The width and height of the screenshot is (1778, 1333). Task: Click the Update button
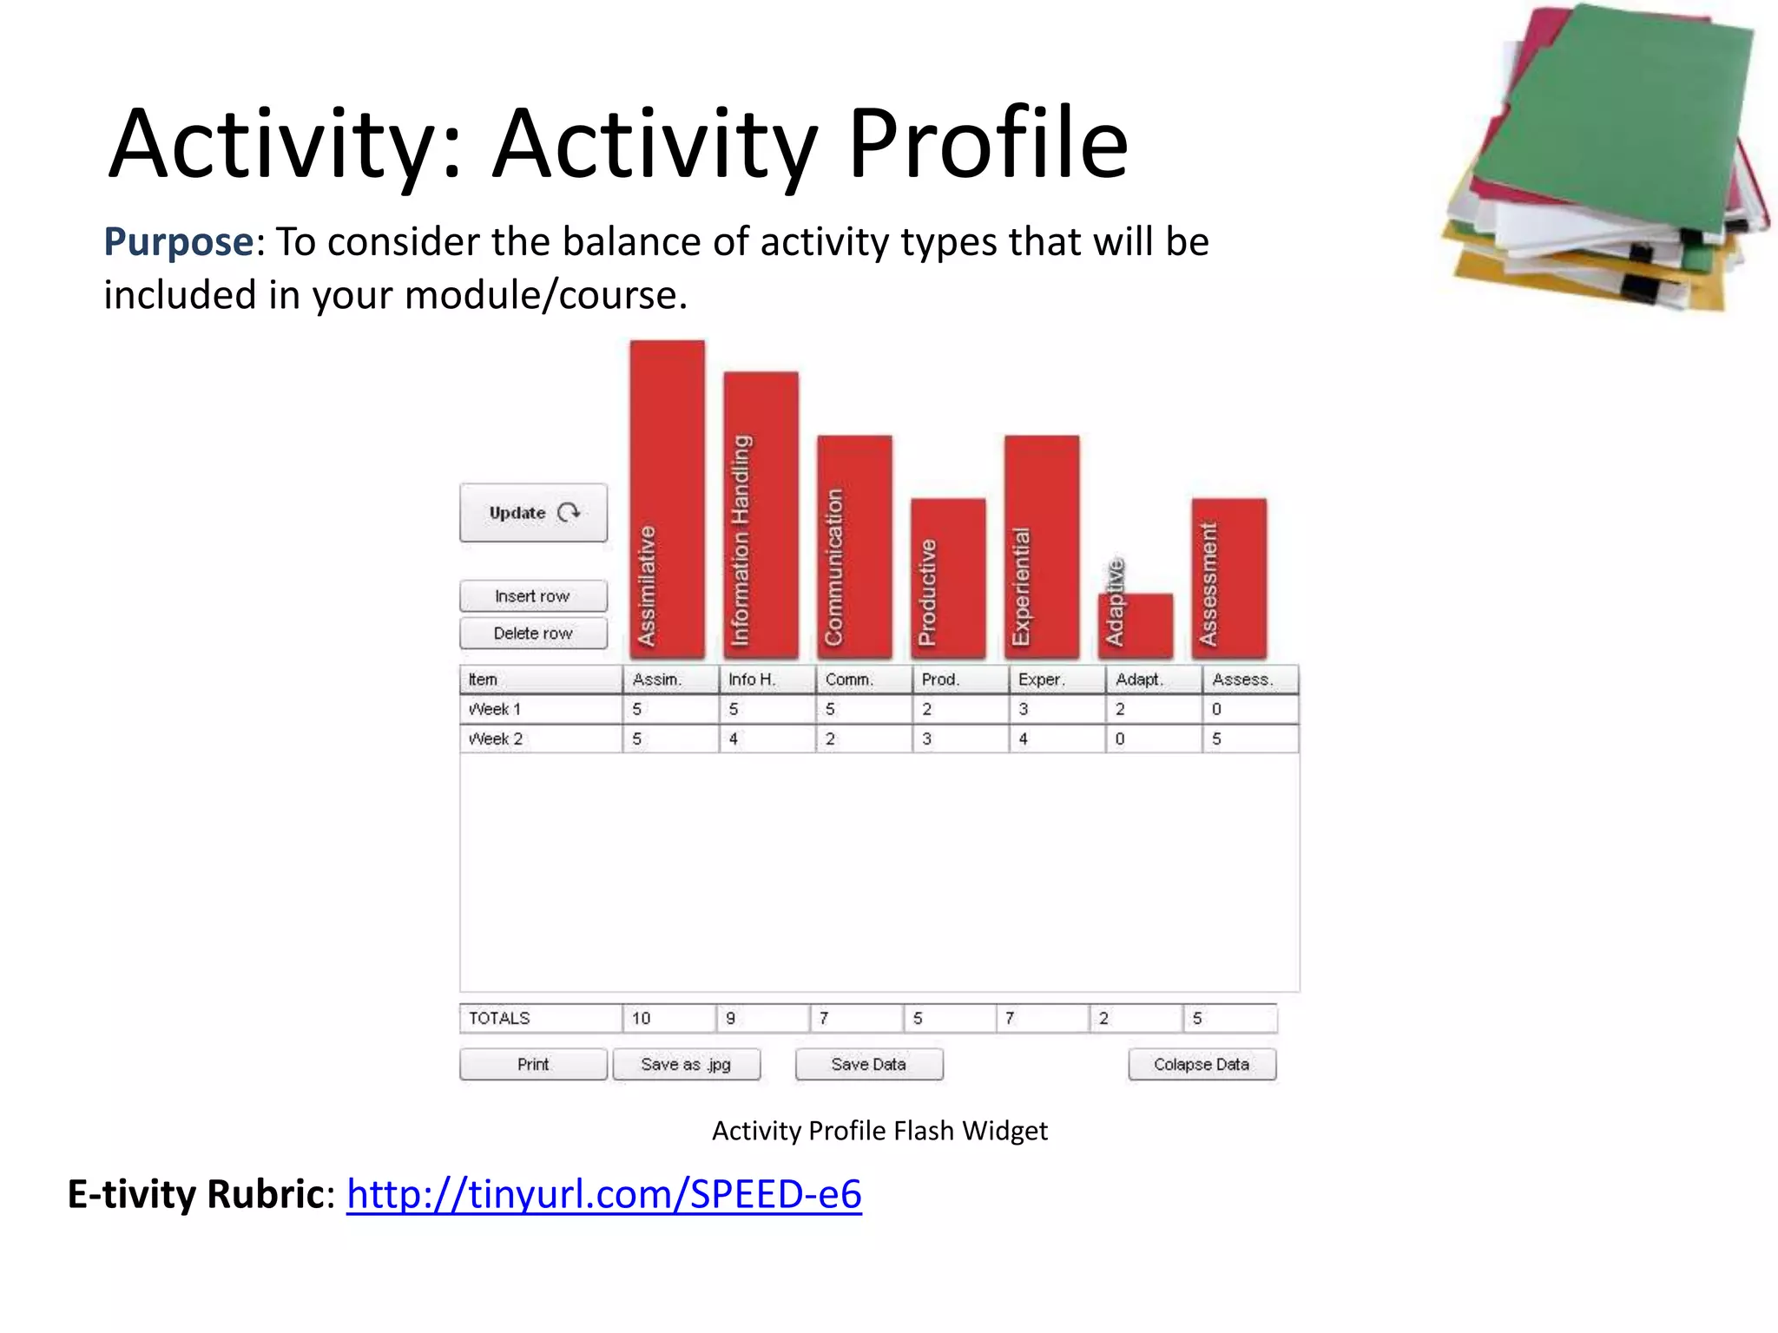point(533,513)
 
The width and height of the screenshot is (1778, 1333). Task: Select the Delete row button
point(533,634)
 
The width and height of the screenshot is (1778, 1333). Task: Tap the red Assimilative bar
point(667,499)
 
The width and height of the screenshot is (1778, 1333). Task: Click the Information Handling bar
point(761,514)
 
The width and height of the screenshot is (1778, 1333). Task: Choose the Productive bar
point(948,577)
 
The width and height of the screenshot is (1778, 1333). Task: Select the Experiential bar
point(1042,545)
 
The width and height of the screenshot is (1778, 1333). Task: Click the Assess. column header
point(1249,680)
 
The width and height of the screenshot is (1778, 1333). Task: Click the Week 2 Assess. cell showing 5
point(1249,739)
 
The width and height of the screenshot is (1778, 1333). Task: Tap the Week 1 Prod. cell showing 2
point(958,709)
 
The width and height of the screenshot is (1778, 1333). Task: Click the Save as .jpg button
point(686,1064)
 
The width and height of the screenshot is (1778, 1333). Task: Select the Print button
point(533,1064)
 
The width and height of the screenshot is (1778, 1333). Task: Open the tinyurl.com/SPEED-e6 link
point(603,1194)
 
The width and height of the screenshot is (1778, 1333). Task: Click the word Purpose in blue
point(178,242)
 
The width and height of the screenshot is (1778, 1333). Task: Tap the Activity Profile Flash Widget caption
point(879,1131)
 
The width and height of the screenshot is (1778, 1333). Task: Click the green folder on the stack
point(1615,113)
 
